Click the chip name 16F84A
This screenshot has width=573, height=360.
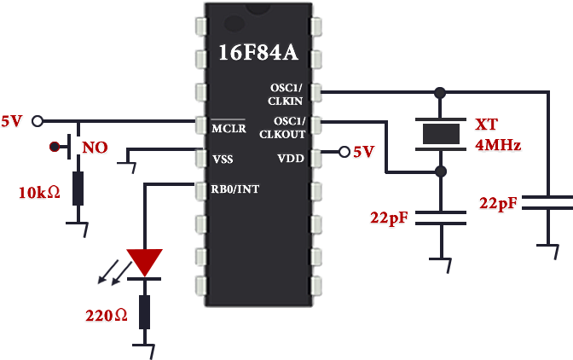tap(258, 53)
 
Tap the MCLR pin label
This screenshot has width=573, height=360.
tap(229, 130)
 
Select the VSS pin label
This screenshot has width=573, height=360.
tap(223, 159)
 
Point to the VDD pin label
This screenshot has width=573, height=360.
tap(291, 159)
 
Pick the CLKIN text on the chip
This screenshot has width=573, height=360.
tap(284, 101)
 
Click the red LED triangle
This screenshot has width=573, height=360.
tap(144, 262)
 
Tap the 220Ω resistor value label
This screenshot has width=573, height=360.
tap(106, 316)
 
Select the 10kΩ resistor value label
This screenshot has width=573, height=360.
tap(39, 193)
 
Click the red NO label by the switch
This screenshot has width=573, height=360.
tap(95, 148)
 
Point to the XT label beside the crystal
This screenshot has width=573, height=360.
tap(487, 125)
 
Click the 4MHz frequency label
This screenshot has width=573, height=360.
tap(498, 145)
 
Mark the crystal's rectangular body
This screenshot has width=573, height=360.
tap(440, 135)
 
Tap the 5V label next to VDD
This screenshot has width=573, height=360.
tap(364, 152)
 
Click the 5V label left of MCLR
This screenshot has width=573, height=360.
tap(12, 121)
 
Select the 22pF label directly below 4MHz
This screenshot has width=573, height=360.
tap(499, 203)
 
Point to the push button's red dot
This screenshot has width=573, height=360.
tap(55, 147)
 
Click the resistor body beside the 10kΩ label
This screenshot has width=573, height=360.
tap(78, 188)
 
